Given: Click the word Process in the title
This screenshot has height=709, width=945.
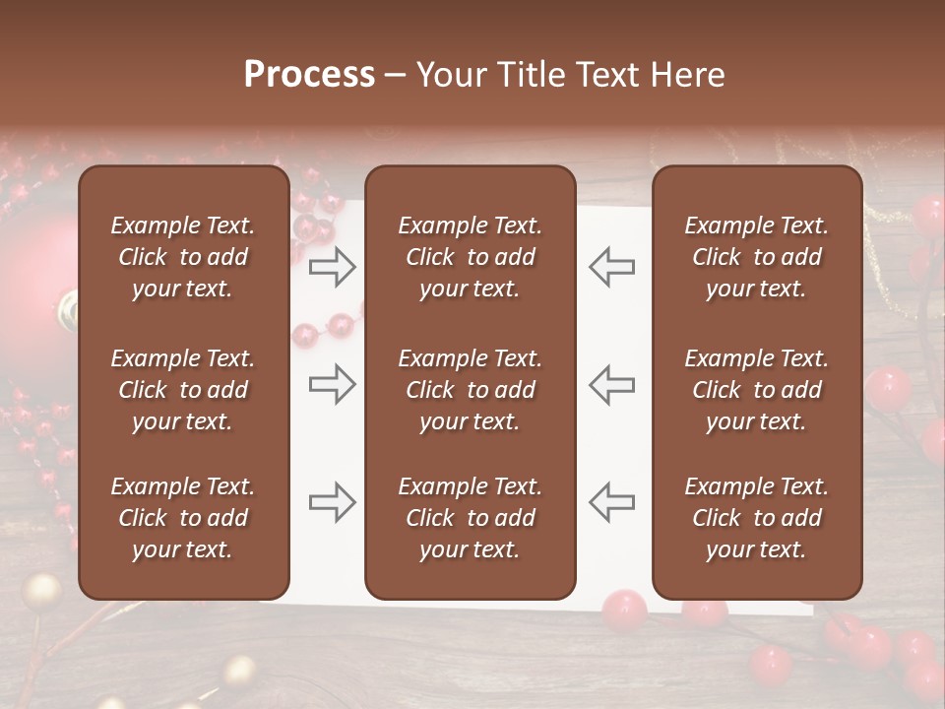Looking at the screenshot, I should pyautogui.click(x=309, y=75).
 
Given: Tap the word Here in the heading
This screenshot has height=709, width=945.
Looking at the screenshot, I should pyautogui.click(x=689, y=75).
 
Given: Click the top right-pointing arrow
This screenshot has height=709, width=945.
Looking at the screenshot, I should pyautogui.click(x=332, y=266).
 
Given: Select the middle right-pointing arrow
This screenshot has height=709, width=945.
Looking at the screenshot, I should pyautogui.click(x=332, y=384).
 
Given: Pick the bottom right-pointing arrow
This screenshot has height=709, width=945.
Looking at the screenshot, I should pyautogui.click(x=332, y=502).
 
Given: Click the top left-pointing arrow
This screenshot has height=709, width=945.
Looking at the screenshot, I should pyautogui.click(x=611, y=266).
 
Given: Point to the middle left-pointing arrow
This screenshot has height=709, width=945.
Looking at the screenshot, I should pyautogui.click(x=611, y=384).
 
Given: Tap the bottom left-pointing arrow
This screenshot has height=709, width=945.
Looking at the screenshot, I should pyautogui.click(x=611, y=502).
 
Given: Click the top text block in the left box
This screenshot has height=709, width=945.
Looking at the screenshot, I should pyautogui.click(x=183, y=257).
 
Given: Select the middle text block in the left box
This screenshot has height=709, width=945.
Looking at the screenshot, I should pyautogui.click(x=183, y=390).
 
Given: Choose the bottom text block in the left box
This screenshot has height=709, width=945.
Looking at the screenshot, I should pyautogui.click(x=183, y=518).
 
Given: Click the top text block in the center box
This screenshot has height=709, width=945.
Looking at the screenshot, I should pyautogui.click(x=470, y=257).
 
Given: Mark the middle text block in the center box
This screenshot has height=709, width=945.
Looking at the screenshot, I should pyautogui.click(x=470, y=390).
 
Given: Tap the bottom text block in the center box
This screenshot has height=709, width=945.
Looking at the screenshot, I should pyautogui.click(x=470, y=518).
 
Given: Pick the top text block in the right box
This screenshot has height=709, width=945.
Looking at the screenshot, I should pyautogui.click(x=756, y=257).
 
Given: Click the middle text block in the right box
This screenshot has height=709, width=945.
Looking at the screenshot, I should pyautogui.click(x=756, y=390).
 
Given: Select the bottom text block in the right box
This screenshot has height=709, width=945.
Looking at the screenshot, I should pyautogui.click(x=756, y=518).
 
